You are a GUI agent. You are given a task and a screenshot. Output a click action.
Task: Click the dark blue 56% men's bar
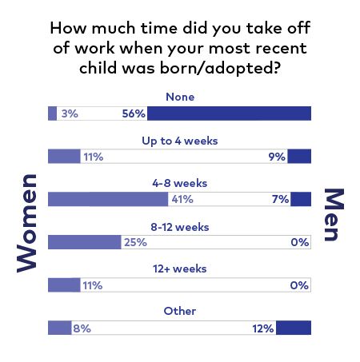click(229, 113)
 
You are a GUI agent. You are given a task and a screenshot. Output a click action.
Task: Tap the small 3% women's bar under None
click(52, 113)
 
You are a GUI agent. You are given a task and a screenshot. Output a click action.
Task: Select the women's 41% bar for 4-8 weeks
click(108, 199)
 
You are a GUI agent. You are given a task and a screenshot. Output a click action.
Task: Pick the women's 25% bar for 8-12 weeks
click(85, 242)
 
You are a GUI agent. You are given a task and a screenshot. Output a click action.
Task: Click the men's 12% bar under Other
click(294, 328)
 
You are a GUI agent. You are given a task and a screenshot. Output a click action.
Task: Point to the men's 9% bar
click(299, 156)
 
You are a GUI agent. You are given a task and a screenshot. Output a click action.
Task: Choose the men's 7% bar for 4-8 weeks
click(301, 199)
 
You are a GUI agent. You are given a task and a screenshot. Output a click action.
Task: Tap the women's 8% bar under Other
click(60, 328)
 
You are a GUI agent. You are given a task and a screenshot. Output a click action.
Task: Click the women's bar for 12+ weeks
click(64, 285)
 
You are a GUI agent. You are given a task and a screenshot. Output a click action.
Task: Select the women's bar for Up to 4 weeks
click(64, 156)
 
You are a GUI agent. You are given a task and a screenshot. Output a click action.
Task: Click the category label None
click(180, 97)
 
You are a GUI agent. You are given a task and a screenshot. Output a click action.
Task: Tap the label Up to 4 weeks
click(180, 141)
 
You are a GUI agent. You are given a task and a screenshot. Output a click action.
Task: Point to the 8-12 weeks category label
click(180, 227)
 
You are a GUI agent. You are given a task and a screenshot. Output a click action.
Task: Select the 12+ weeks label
click(180, 269)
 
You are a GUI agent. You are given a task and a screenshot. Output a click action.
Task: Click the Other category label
click(180, 311)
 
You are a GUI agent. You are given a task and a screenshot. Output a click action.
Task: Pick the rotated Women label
click(26, 223)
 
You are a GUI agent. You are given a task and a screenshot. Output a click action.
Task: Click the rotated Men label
click(334, 215)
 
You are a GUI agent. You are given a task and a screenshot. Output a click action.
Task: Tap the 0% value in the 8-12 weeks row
click(300, 242)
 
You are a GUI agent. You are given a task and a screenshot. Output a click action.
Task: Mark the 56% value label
click(134, 113)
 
